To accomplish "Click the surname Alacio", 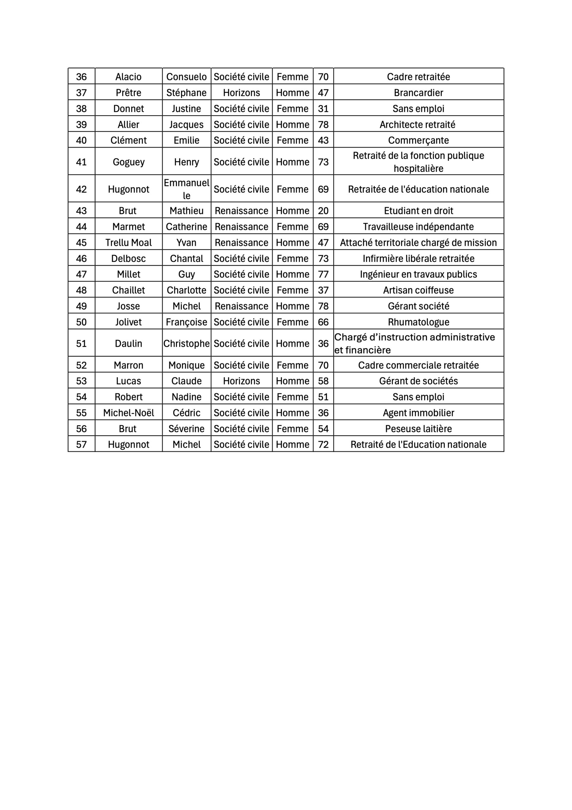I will point(128,77).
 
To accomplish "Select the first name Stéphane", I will point(186,92).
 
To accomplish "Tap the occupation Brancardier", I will point(418,92).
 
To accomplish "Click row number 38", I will point(82,108).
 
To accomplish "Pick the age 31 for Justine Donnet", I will point(323,108).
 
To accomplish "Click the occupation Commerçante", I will point(418,140).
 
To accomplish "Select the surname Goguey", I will point(128,162).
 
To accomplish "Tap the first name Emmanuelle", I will point(186,189).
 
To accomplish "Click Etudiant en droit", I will point(418,211).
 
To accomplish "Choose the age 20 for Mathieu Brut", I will point(323,211).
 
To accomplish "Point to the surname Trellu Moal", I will point(128,242).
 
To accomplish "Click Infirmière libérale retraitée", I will point(418,258).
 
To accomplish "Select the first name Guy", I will point(186,274).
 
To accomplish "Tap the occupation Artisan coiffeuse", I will point(418,290).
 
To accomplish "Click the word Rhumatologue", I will point(418,322).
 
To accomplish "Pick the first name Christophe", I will point(186,343).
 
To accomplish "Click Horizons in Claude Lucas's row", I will point(241,381).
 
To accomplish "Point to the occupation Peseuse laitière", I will point(418,428).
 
